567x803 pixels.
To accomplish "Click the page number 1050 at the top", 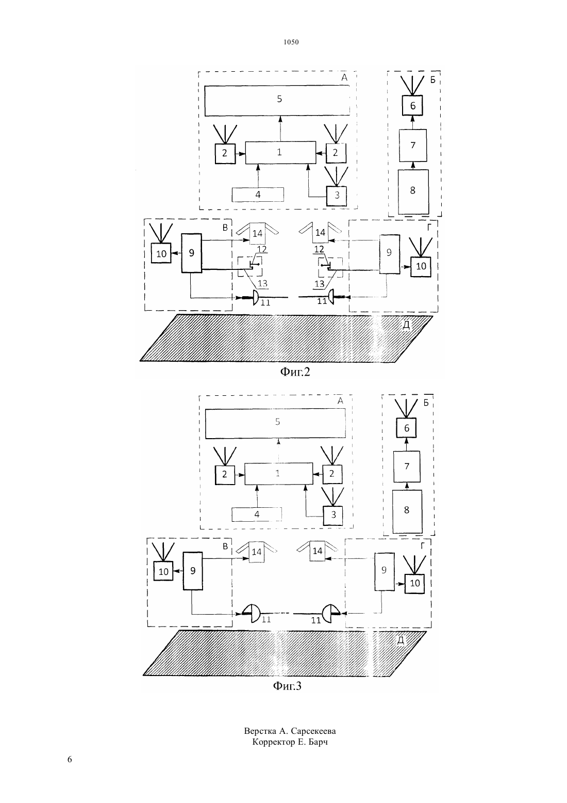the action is [x=291, y=42].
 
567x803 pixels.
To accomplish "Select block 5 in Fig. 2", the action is [x=277, y=101].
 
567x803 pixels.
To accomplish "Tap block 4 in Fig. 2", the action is [x=258, y=195].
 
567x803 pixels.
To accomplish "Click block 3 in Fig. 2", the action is [x=337, y=196].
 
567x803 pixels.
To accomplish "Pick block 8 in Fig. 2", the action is [x=413, y=192].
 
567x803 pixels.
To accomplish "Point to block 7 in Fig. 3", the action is [x=407, y=467].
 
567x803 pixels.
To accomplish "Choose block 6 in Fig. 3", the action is [x=406, y=428].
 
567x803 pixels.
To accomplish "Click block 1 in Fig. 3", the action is [x=278, y=474].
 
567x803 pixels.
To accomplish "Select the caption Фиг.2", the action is [x=295, y=372].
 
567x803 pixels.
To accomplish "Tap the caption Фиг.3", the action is [x=287, y=686].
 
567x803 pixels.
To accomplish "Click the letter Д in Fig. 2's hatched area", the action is [x=406, y=325].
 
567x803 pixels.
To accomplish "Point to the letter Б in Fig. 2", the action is [x=433, y=80].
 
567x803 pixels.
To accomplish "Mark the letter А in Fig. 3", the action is [x=340, y=401].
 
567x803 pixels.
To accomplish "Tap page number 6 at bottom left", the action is [x=70, y=759].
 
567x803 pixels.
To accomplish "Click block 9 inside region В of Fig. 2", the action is [x=192, y=253].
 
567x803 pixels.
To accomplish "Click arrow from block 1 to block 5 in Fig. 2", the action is [x=280, y=129].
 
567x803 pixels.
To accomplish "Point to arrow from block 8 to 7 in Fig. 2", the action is [x=413, y=166].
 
